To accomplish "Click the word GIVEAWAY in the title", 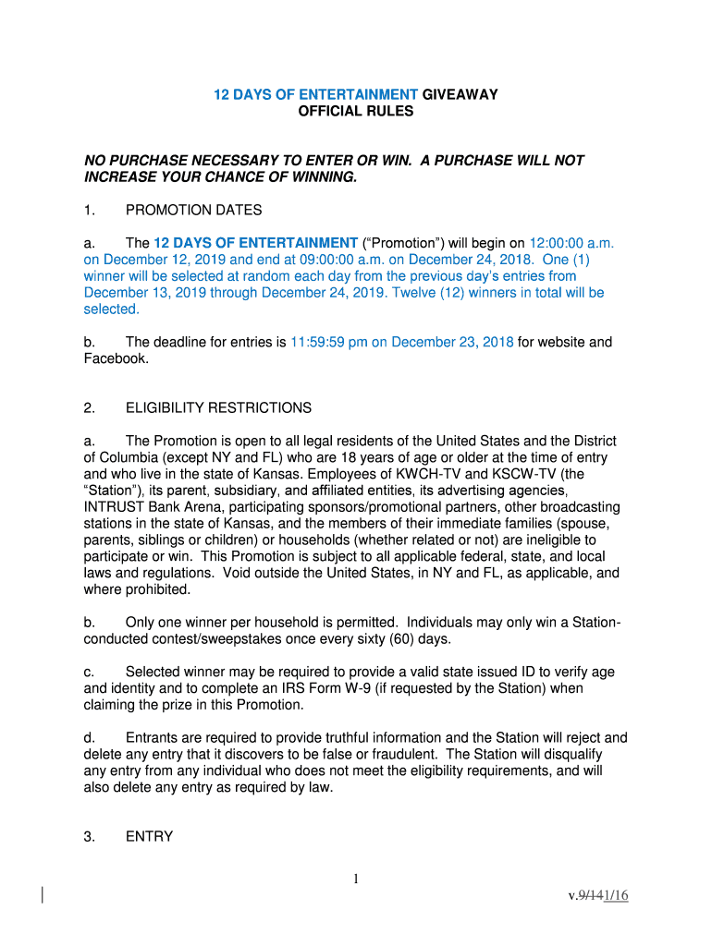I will (x=460, y=94).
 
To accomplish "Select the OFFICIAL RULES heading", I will (x=356, y=112).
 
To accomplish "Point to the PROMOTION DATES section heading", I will (x=194, y=211).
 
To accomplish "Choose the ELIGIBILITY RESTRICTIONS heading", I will (x=219, y=407).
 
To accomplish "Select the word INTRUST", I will (x=112, y=507).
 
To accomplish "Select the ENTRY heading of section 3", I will (x=149, y=836).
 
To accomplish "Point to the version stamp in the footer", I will (x=598, y=894).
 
